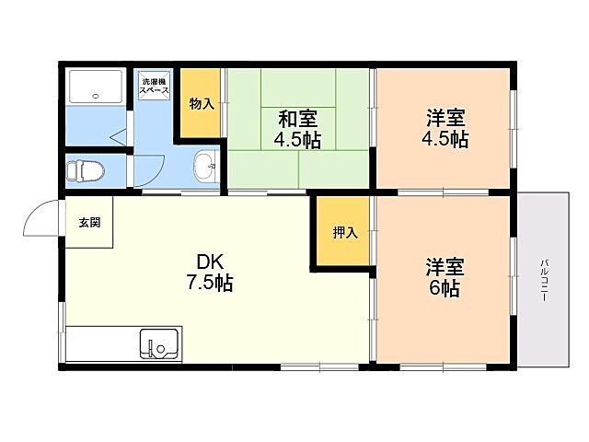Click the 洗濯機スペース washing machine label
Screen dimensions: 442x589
tap(153, 88)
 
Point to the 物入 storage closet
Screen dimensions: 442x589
tap(202, 103)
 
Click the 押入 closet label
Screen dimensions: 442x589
tap(345, 233)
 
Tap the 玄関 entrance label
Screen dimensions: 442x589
tap(88, 222)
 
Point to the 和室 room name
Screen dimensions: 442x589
tap(298, 119)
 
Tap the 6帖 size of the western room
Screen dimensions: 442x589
tap(445, 289)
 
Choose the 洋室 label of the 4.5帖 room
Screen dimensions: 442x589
tap(445, 119)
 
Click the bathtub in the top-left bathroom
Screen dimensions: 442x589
tap(97, 88)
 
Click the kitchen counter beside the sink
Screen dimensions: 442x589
tap(101, 345)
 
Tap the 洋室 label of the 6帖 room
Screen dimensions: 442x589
tap(445, 267)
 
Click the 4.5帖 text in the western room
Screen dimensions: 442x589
tap(445, 140)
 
